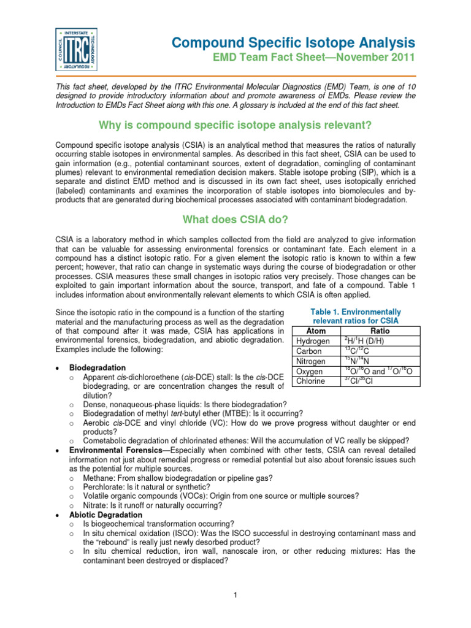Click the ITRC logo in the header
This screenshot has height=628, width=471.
(76, 47)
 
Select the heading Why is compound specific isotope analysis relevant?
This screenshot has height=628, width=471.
(235, 125)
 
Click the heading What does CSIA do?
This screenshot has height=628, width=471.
(235, 220)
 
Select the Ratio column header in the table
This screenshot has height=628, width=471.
(380, 331)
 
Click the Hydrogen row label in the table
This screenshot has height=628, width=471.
(313, 341)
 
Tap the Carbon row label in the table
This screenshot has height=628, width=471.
(309, 351)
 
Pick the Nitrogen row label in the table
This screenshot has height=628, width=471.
(312, 361)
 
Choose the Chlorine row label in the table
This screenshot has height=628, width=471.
(312, 381)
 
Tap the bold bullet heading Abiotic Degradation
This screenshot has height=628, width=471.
(105, 515)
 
